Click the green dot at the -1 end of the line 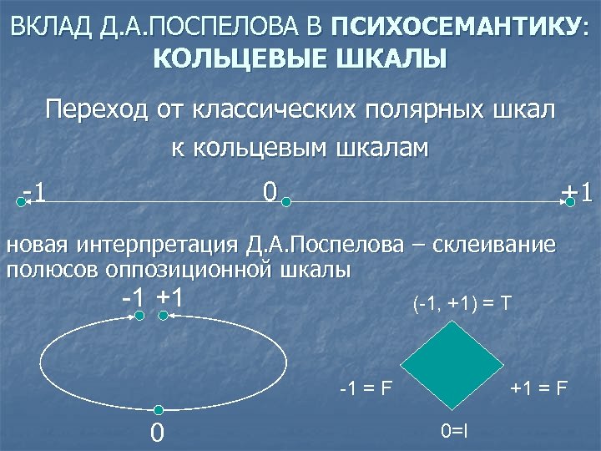click(21, 201)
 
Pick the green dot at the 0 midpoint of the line click(285, 201)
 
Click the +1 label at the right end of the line click(578, 192)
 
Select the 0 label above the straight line click(268, 191)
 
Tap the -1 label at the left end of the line click(33, 194)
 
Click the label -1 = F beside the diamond click(368, 388)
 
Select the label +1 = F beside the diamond click(539, 388)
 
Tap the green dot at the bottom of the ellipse click(158, 409)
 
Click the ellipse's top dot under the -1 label click(140, 316)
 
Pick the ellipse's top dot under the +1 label click(165, 316)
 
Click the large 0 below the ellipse click(156, 433)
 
